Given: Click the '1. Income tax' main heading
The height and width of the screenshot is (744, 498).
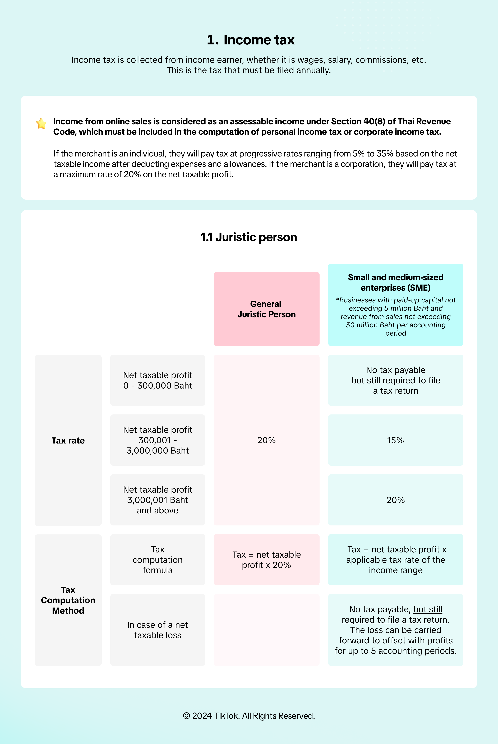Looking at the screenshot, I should click(251, 40).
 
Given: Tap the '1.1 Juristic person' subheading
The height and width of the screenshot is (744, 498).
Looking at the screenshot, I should click(249, 237).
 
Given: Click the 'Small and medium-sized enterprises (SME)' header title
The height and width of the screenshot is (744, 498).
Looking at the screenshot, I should click(395, 282).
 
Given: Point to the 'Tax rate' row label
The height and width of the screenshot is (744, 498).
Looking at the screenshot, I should click(68, 440).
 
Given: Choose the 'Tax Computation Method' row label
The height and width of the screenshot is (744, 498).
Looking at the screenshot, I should click(68, 600).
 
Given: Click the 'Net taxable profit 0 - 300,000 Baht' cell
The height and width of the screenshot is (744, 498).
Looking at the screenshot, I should click(158, 380).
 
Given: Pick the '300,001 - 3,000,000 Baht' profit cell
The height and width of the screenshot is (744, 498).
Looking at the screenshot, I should click(158, 440).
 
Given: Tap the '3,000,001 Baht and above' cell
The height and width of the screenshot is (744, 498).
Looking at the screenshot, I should click(158, 500).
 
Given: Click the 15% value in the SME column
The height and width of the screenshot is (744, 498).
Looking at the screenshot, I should click(395, 440).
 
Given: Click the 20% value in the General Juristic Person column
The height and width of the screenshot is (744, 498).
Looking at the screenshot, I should click(266, 440).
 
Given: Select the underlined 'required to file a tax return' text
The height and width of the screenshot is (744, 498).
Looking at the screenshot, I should click(394, 620).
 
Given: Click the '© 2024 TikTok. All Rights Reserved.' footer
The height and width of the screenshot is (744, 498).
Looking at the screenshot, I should click(249, 716).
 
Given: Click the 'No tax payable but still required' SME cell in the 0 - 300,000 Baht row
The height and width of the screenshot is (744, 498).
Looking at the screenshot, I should click(395, 380).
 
